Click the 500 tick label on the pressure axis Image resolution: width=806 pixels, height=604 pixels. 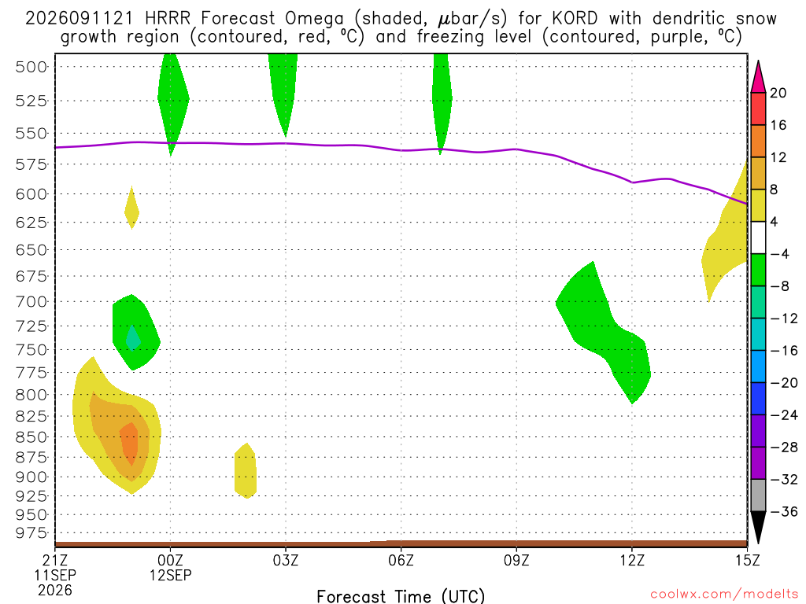[31, 67]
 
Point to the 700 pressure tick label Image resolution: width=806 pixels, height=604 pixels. [31, 301]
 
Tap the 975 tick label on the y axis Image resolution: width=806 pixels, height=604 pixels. [31, 533]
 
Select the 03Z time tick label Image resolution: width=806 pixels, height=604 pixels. [285, 560]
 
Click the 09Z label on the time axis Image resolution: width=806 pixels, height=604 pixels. [516, 560]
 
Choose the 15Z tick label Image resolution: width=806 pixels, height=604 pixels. [747, 560]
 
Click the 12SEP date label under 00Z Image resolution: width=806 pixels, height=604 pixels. [170, 575]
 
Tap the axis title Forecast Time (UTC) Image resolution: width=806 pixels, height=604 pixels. [401, 596]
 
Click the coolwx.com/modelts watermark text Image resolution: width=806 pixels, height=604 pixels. [724, 594]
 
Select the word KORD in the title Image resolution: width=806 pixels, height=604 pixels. [575, 19]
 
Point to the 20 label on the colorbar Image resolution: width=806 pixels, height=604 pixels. [778, 93]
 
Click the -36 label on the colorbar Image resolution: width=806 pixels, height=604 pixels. [784, 511]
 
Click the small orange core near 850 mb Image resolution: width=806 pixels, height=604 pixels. [129, 444]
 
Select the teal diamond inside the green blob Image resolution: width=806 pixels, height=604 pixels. [133, 338]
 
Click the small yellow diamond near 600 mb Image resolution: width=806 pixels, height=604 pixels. [132, 208]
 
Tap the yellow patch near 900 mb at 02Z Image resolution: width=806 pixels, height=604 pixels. [246, 470]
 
